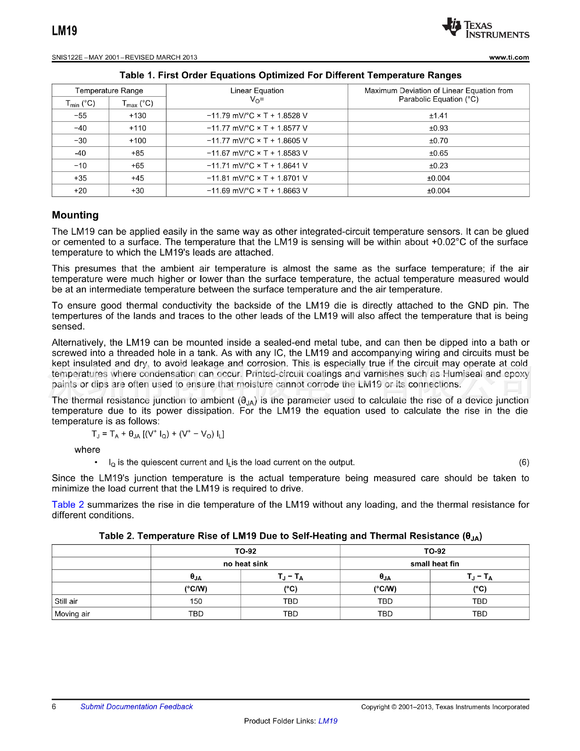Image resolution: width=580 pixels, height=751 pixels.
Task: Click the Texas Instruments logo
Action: [485, 28]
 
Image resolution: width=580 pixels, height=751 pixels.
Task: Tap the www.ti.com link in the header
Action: [509, 57]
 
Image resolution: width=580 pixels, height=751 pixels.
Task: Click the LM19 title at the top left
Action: [65, 31]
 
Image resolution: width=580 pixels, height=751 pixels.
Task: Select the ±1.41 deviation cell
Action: [438, 116]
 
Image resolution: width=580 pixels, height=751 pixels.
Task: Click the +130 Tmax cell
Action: [138, 116]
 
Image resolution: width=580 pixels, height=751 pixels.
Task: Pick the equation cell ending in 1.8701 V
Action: [257, 178]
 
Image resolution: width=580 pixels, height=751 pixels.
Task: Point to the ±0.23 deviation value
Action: [438, 166]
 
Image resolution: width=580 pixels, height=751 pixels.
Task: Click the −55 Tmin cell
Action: [80, 116]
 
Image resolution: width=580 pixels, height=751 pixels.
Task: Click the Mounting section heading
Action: [75, 215]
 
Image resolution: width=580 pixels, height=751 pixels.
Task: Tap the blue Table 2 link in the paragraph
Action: [68, 505]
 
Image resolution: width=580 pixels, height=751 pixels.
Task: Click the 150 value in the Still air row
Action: [196, 601]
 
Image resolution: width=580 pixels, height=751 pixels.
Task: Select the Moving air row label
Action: [72, 614]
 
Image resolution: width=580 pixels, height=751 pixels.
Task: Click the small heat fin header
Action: [435, 564]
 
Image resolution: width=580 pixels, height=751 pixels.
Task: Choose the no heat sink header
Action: [245, 564]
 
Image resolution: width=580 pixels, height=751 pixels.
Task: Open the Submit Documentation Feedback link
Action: [136, 707]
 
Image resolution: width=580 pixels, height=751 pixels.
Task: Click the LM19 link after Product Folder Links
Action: [328, 721]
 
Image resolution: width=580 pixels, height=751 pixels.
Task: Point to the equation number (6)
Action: [524, 462]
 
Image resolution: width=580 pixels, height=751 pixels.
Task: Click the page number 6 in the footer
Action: [54, 706]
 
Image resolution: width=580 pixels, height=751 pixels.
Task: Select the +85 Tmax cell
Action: [138, 153]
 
